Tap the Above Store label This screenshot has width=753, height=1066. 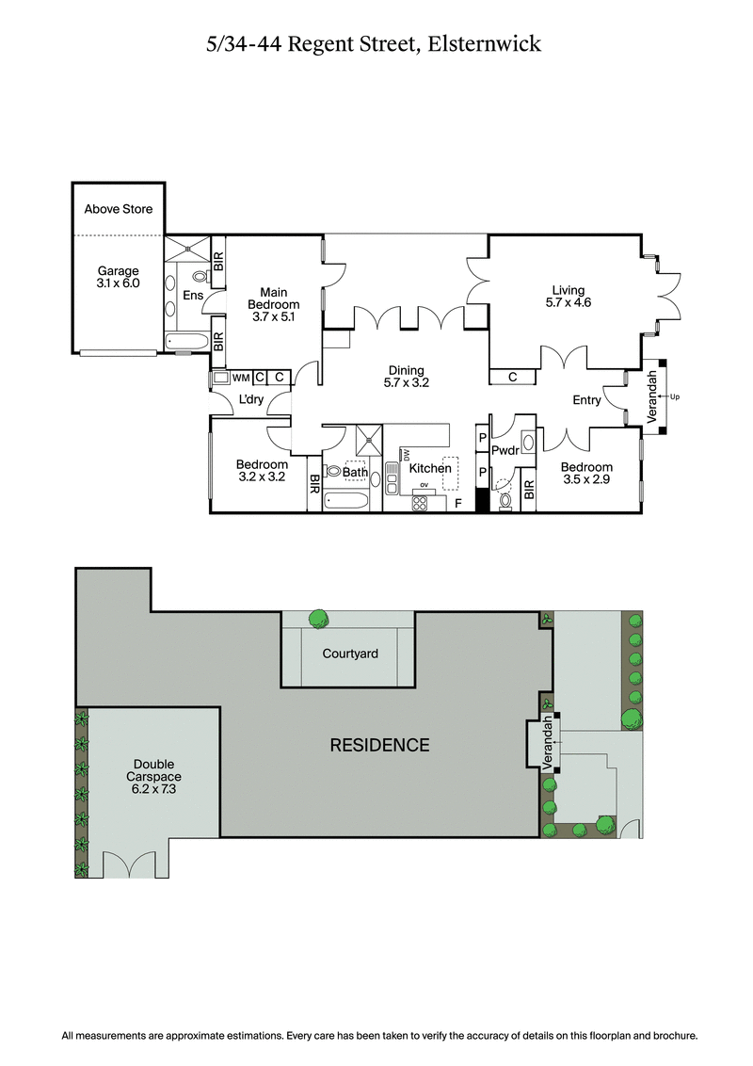118,209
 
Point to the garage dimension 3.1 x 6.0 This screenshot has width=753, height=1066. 118,283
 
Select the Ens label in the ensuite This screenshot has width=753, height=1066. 192,296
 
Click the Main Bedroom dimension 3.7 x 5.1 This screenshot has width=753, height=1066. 274,317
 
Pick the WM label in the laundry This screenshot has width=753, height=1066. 240,378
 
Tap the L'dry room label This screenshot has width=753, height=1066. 250,400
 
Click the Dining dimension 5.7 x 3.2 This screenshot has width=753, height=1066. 405,383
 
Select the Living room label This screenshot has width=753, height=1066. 568,290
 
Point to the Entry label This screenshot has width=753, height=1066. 586,400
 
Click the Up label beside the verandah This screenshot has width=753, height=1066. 674,396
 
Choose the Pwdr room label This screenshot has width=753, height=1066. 505,450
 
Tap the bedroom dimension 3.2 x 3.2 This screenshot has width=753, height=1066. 261,477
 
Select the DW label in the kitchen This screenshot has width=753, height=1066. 407,455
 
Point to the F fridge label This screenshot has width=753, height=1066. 458,504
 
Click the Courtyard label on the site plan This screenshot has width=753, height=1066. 350,653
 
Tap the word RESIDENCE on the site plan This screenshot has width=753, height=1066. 379,745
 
